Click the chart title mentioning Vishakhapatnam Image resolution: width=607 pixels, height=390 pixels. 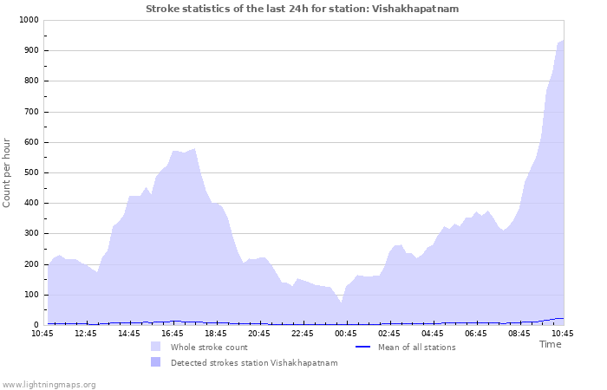click(x=302, y=9)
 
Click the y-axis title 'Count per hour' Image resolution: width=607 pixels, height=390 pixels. click(x=8, y=172)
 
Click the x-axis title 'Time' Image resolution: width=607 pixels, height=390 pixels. click(x=550, y=344)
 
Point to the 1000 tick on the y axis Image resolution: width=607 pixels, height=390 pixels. click(x=28, y=20)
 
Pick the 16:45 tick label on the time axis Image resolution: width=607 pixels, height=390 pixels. click(x=173, y=334)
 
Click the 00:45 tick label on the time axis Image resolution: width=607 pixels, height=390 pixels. click(x=346, y=334)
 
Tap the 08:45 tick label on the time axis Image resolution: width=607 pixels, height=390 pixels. click(x=519, y=334)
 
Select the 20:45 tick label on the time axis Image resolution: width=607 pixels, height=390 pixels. click(x=259, y=334)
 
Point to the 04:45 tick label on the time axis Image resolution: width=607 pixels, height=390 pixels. click(x=433, y=334)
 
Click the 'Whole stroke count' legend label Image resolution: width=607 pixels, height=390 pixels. click(x=209, y=348)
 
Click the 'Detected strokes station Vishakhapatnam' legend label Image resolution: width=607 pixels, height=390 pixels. click(x=254, y=363)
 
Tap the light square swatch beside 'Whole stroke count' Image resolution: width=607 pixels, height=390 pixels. click(x=156, y=347)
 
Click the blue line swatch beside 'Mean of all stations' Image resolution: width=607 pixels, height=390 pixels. click(x=364, y=347)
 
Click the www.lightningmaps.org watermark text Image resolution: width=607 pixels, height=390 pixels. click(x=49, y=384)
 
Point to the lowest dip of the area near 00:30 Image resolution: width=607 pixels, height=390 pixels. click(x=342, y=302)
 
